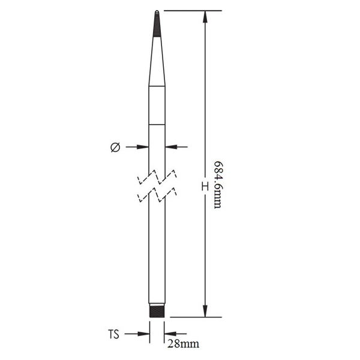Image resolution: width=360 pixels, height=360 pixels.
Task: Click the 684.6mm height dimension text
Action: coord(218,185)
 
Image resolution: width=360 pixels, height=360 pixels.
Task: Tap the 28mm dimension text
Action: coord(183,344)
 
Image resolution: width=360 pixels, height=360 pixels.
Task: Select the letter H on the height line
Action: coord(205,186)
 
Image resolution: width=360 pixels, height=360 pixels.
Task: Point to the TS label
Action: coord(113,334)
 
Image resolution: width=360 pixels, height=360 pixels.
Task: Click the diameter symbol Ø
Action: coord(115,148)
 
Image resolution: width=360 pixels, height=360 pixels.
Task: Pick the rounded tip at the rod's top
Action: coord(157,12)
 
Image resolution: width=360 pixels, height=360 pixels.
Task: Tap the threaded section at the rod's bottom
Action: coord(157,310)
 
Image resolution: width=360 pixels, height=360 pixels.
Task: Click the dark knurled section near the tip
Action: coord(157,25)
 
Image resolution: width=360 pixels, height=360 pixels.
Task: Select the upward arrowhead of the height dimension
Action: coord(205,17)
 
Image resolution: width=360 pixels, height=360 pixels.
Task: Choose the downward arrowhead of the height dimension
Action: coord(205,311)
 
